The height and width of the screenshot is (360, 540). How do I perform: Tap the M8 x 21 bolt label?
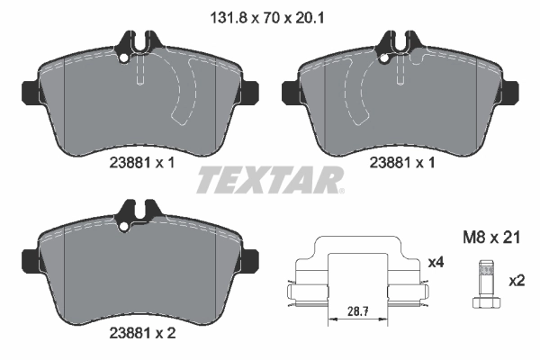point(490,238)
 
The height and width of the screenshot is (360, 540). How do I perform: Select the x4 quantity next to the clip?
point(436,262)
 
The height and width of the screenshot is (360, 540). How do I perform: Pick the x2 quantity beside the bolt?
point(516,280)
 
